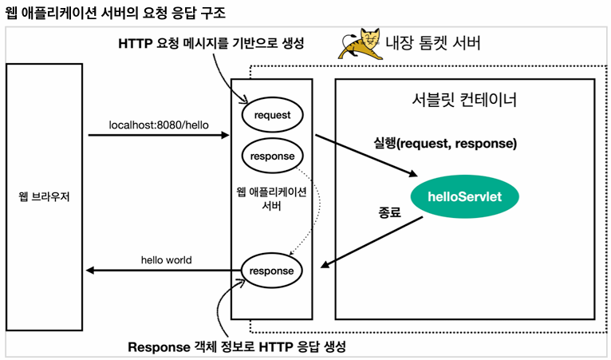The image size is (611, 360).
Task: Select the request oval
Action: (x=272, y=115)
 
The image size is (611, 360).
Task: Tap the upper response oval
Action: (x=272, y=156)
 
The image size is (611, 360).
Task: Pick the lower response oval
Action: (x=272, y=271)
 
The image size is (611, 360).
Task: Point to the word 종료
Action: (x=388, y=214)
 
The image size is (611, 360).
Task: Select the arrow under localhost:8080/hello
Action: (x=159, y=136)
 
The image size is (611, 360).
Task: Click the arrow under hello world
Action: (x=164, y=271)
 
